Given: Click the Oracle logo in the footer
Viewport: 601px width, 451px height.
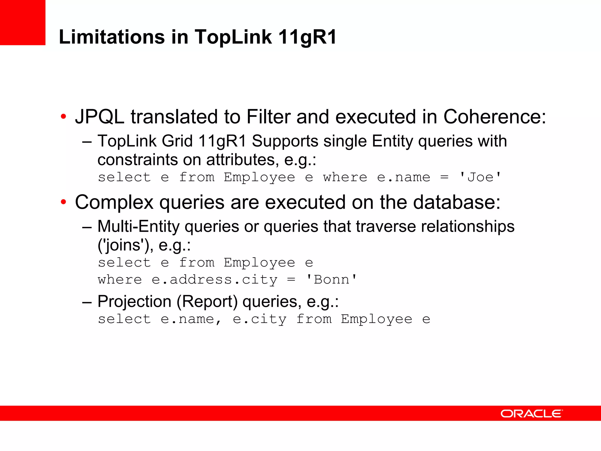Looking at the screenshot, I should [531, 413].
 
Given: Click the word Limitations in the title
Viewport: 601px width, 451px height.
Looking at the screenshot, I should [112, 37].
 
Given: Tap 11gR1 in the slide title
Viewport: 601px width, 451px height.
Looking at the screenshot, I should [307, 37].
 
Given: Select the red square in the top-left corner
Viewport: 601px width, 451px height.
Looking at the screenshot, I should [23, 22].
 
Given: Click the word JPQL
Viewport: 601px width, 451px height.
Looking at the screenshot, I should [100, 117].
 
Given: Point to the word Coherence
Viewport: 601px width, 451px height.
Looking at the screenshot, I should [494, 117].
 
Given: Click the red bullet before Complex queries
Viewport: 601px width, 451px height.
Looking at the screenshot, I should [63, 202].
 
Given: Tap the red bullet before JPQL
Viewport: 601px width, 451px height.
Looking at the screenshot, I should [63, 117].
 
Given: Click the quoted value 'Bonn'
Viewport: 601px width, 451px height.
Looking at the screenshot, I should [331, 280].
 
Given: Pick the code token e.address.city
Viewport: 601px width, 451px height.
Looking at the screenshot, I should [215, 280].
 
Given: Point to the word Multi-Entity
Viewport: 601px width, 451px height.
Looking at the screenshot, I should [138, 226].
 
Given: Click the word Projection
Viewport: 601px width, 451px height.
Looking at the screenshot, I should [134, 302].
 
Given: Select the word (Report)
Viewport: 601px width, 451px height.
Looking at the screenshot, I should [207, 302].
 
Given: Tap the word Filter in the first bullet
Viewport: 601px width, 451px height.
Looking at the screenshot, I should [268, 117].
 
